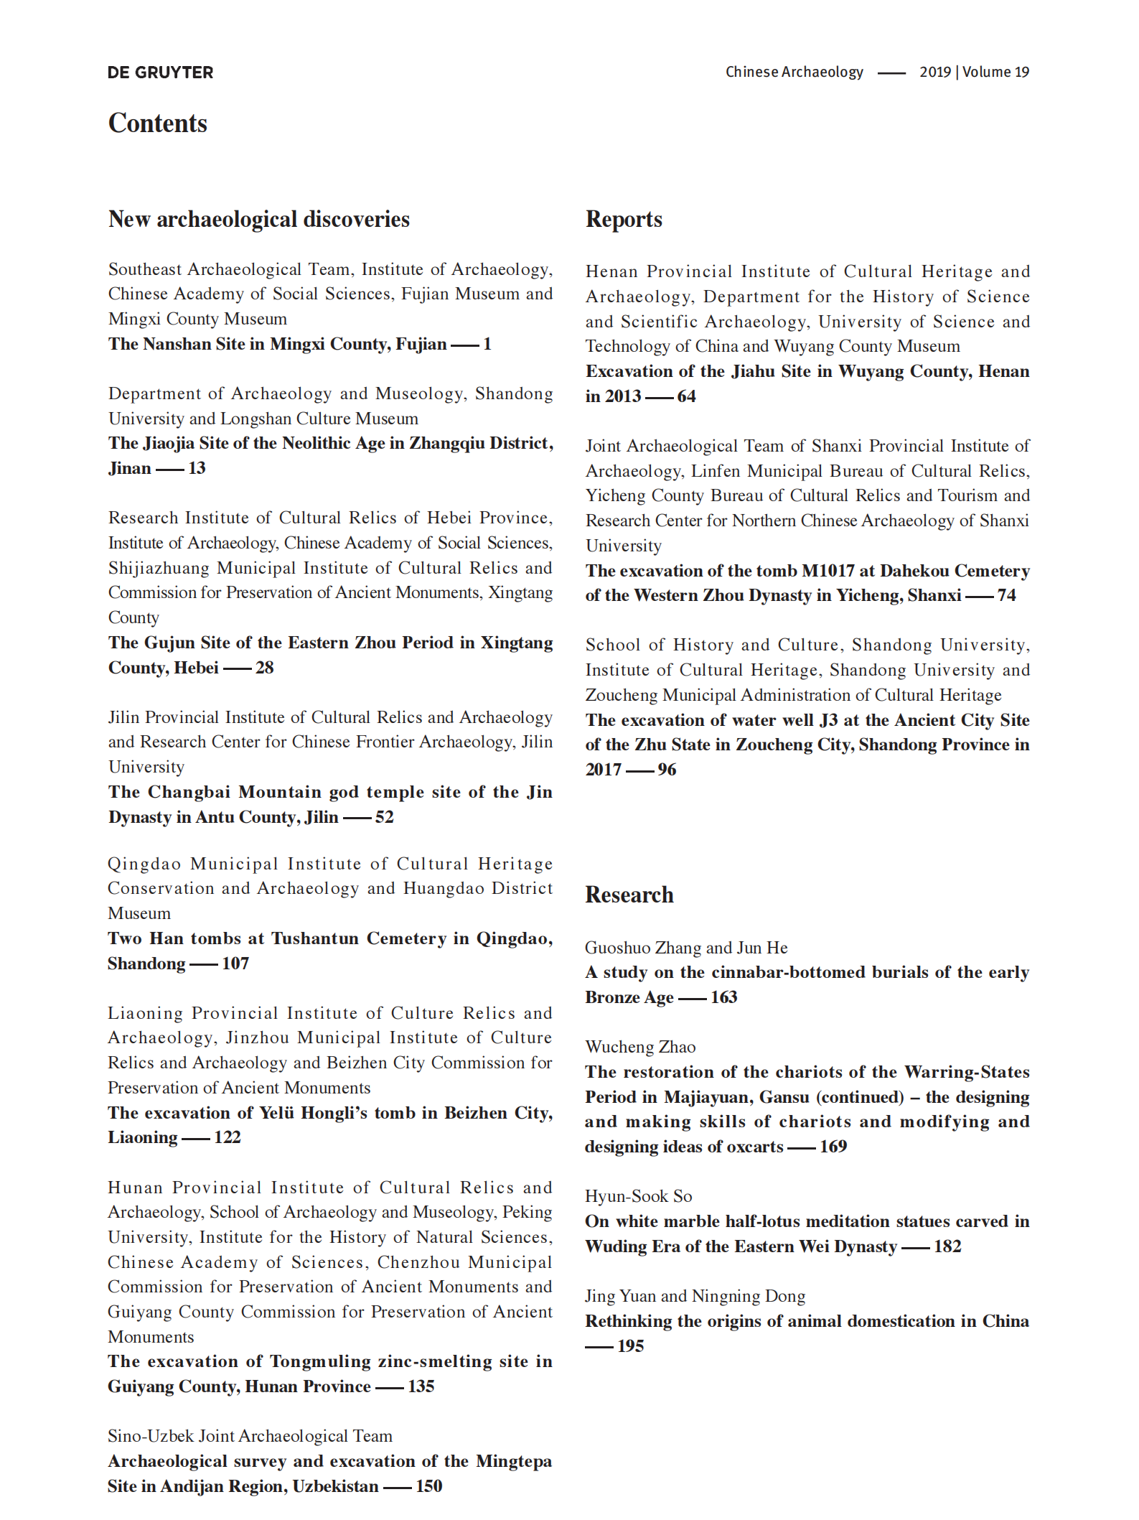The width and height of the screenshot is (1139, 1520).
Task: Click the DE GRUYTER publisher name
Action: pyautogui.click(x=160, y=73)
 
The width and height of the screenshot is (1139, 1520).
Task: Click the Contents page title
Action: pyautogui.click(x=158, y=123)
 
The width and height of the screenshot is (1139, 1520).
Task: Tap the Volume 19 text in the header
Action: pyautogui.click(x=995, y=72)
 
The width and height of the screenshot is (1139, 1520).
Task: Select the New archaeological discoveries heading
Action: pyautogui.click(x=259, y=219)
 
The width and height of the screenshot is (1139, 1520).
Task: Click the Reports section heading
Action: pyautogui.click(x=624, y=219)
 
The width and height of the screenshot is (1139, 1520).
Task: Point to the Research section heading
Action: pyautogui.click(x=629, y=895)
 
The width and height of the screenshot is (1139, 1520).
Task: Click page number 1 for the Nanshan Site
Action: pyautogui.click(x=487, y=344)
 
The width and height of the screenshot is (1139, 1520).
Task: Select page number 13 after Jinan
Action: pyautogui.click(x=197, y=468)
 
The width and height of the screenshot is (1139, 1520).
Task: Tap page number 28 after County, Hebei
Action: pyautogui.click(x=265, y=668)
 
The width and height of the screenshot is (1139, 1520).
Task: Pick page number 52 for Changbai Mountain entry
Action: pyautogui.click(x=385, y=817)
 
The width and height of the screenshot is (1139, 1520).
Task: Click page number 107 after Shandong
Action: pyautogui.click(x=235, y=964)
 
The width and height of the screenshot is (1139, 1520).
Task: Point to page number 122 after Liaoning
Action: pyautogui.click(x=228, y=1137)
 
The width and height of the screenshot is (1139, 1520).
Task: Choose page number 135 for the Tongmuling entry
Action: pyautogui.click(x=421, y=1386)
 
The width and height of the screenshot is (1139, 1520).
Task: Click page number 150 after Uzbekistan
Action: pyautogui.click(x=429, y=1486)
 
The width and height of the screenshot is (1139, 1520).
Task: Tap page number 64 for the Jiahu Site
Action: pyautogui.click(x=687, y=396)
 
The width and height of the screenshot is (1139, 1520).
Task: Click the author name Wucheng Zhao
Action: pyautogui.click(x=640, y=1047)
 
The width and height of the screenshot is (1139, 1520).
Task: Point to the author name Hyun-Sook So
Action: pyautogui.click(x=639, y=1196)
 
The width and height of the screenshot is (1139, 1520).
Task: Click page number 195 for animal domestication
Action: pyautogui.click(x=631, y=1346)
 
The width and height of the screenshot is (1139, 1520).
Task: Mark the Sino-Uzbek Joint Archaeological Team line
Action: pyautogui.click(x=250, y=1436)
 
